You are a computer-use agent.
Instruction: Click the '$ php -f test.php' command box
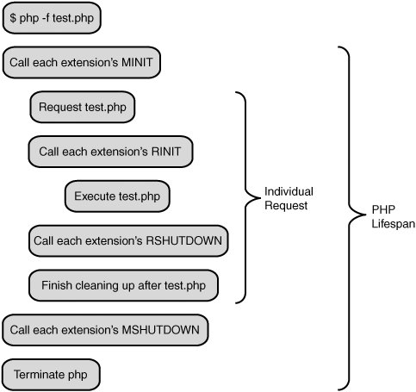tap(52, 18)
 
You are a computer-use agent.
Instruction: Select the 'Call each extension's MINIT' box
tap(82, 62)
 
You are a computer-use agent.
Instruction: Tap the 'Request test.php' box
tap(83, 107)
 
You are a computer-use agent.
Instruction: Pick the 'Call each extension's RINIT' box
tap(110, 152)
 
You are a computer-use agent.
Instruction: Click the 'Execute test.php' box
tap(117, 196)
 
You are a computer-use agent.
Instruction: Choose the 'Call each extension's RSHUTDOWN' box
tap(128, 240)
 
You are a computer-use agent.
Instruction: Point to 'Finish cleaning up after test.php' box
tap(123, 285)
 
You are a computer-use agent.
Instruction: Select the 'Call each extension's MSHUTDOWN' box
tap(105, 330)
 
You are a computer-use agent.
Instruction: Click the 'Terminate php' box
tap(51, 375)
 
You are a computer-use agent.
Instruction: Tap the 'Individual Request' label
tap(289, 198)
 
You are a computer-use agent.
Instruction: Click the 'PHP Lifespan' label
tap(394, 216)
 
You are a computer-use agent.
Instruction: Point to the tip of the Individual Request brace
tap(260, 197)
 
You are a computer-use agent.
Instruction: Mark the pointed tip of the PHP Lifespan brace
tap(365, 215)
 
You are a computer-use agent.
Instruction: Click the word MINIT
tap(137, 62)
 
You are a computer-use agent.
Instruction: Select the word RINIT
tap(166, 152)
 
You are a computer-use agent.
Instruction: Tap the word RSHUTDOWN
tap(184, 240)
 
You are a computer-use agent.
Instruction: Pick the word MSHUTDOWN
tap(160, 330)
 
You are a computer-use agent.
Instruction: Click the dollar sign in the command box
tap(13, 18)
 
